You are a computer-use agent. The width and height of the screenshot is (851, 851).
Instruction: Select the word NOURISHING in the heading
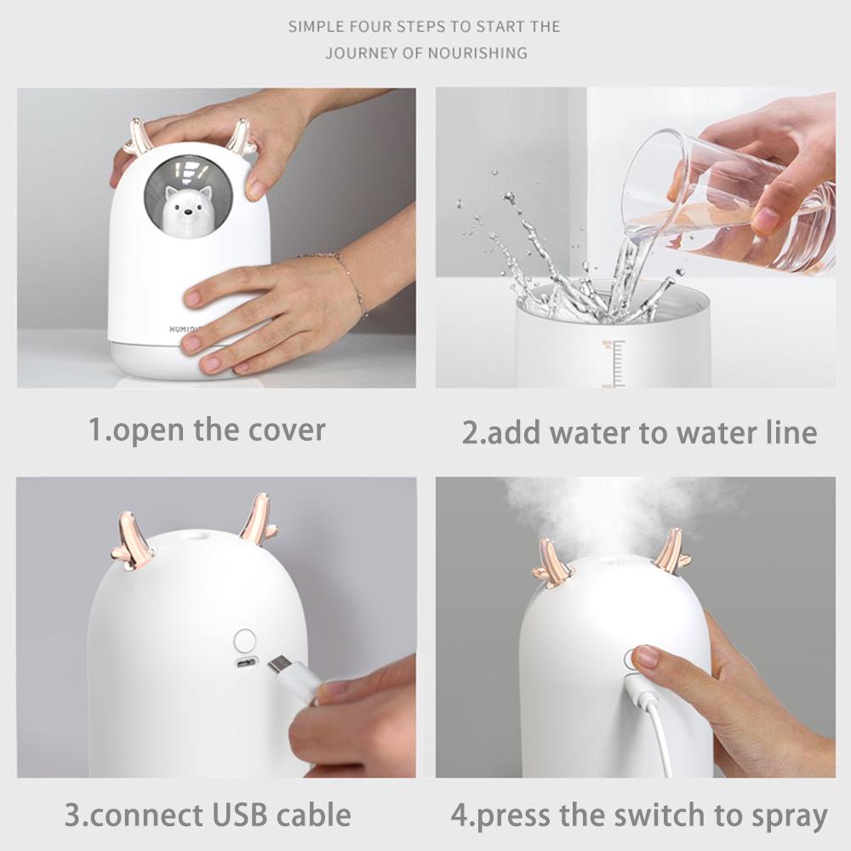click(x=478, y=53)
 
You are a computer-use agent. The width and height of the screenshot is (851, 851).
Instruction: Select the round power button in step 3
click(x=245, y=640)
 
